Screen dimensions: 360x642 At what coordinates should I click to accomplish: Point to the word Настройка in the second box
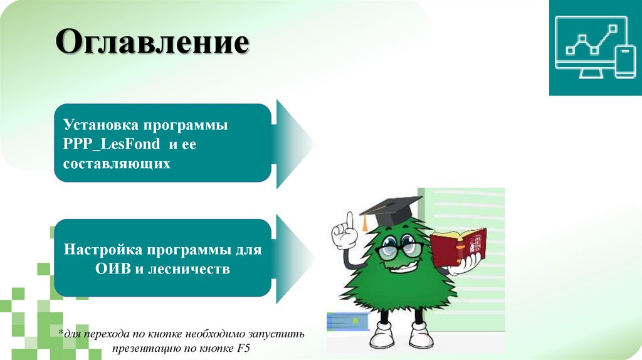pyautogui.click(x=103, y=250)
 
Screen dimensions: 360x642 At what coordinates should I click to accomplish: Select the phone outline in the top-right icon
pyautogui.click(x=624, y=61)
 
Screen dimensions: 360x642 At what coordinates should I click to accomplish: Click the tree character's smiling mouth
pyautogui.click(x=401, y=267)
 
